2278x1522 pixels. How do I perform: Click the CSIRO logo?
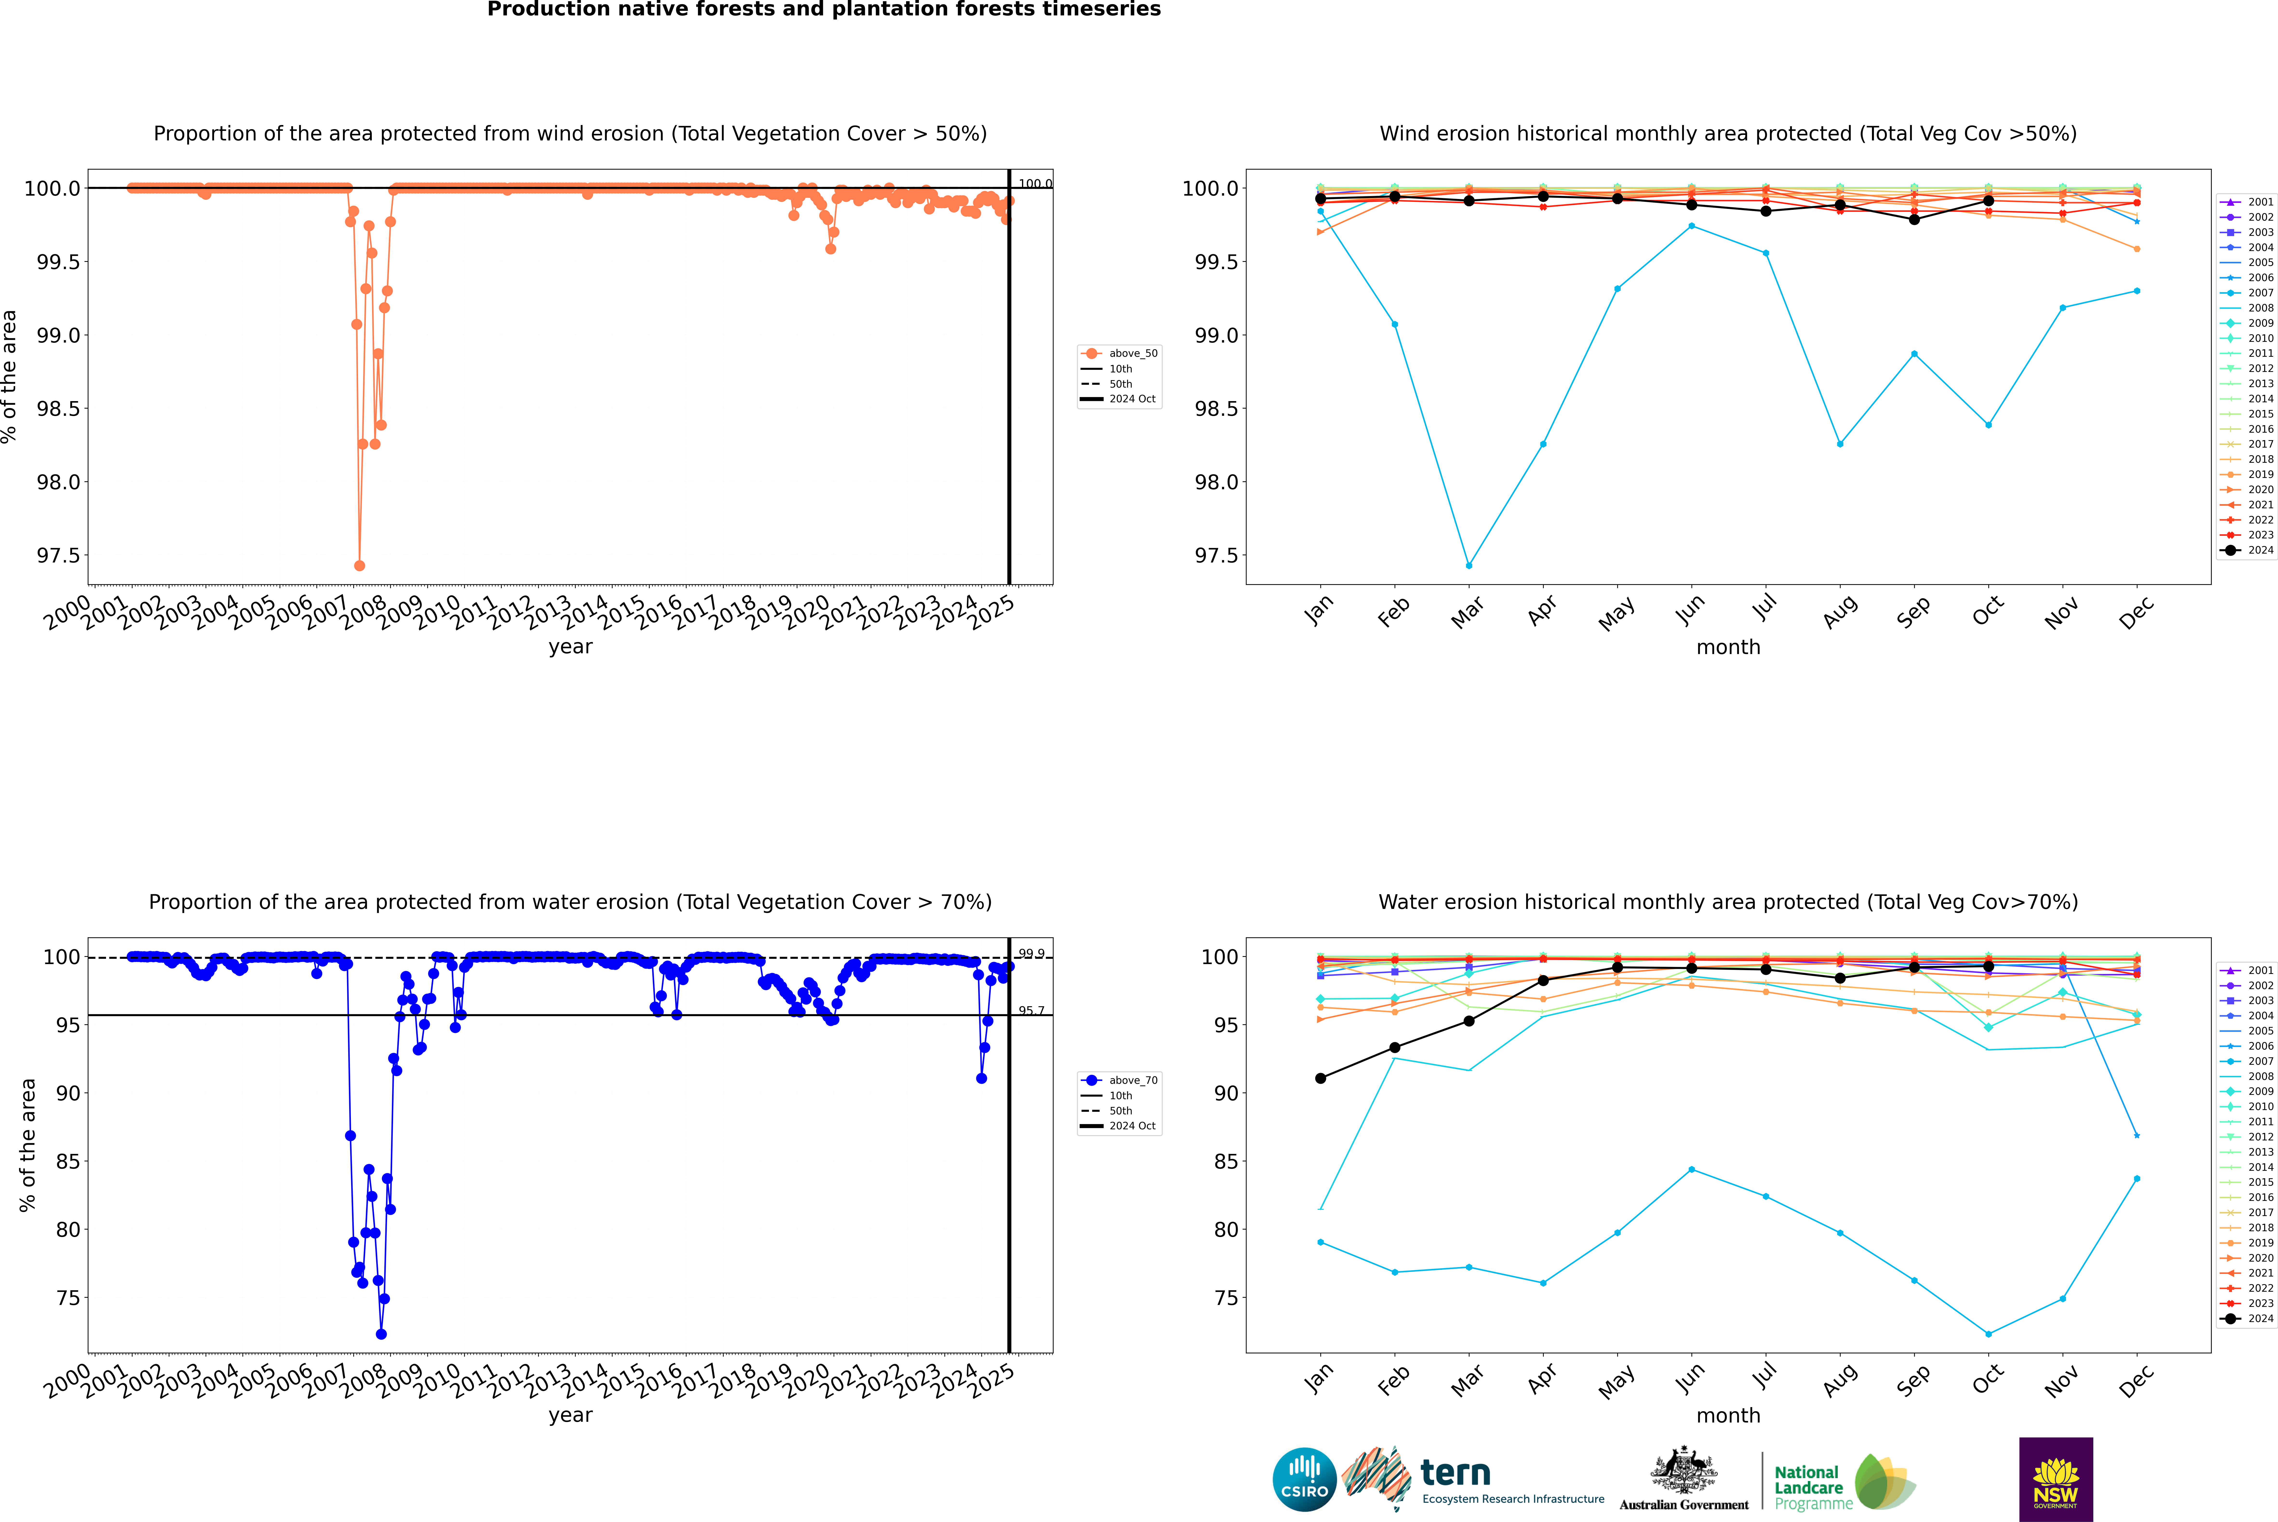[x=1304, y=1479]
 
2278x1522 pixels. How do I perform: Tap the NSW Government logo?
[x=2056, y=1479]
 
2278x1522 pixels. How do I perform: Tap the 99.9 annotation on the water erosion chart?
[x=1031, y=953]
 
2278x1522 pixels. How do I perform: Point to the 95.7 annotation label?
[x=1031, y=1011]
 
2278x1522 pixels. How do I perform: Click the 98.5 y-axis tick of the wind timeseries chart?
[x=58, y=409]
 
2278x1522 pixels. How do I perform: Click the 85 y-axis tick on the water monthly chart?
[x=1225, y=1161]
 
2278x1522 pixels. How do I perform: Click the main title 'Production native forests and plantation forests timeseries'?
[x=823, y=10]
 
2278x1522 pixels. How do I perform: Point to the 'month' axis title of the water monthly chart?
[x=1728, y=1415]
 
